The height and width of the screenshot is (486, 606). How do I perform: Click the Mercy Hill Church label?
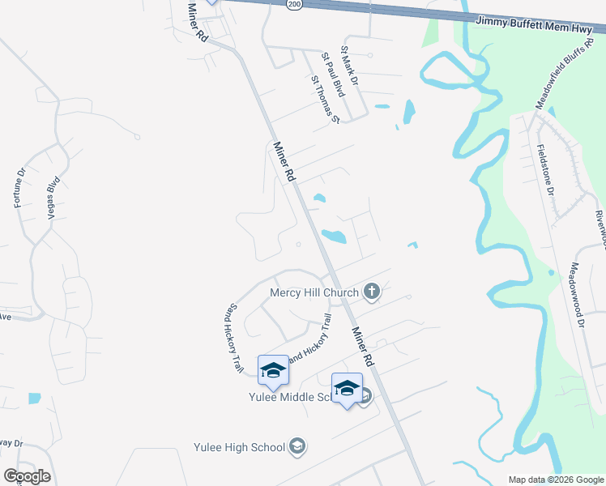(314, 292)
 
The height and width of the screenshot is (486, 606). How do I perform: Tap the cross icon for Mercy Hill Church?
(372, 292)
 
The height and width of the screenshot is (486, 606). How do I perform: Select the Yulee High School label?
(240, 447)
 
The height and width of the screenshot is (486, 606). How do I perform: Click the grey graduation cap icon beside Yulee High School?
(297, 446)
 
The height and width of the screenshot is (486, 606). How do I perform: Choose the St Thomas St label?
(324, 100)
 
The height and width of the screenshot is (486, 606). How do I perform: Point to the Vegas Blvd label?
(54, 196)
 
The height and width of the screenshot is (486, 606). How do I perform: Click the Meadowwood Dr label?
(576, 293)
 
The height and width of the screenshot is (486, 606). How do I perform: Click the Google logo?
(27, 476)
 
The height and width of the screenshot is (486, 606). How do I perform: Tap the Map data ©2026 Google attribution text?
(555, 480)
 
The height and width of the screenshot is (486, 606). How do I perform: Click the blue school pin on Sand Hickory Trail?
(273, 370)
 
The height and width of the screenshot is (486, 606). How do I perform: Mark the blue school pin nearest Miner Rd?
(347, 389)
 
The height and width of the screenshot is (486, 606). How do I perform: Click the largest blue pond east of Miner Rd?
(334, 237)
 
